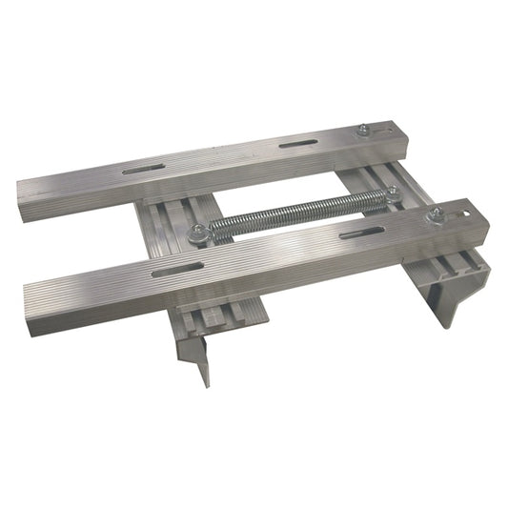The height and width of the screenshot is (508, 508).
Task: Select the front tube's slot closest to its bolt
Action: click(362, 233)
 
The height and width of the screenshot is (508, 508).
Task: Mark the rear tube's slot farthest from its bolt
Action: click(139, 170)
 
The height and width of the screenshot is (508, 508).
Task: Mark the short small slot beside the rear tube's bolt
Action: click(385, 131)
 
